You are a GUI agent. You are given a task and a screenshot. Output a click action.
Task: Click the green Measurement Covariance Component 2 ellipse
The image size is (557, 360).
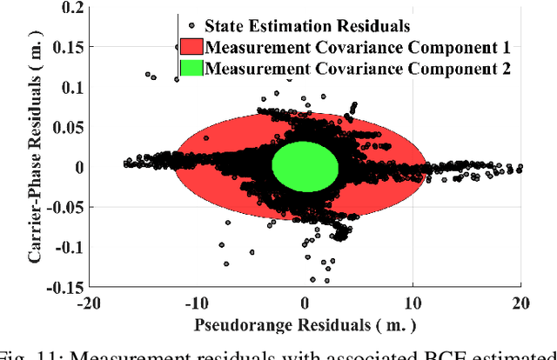[x=305, y=167]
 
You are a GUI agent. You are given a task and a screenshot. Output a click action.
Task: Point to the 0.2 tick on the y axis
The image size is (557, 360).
[x=66, y=8]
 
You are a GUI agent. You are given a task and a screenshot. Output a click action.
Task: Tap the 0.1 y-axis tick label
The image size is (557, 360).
[x=66, y=88]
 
